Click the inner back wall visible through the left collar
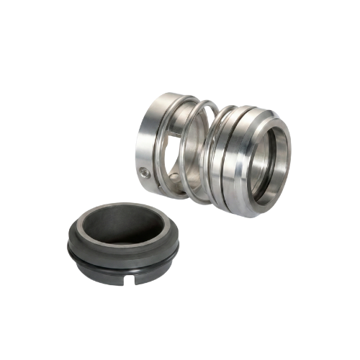tap(173, 148)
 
